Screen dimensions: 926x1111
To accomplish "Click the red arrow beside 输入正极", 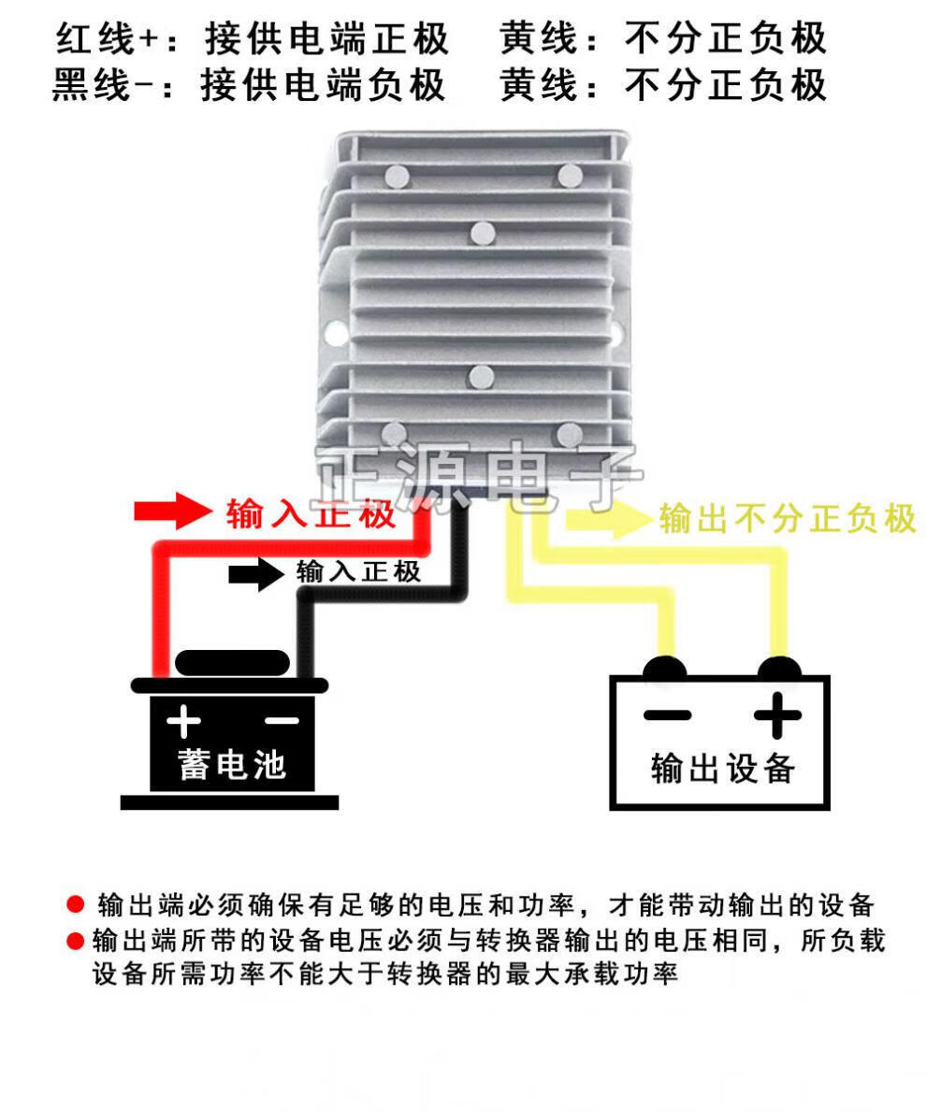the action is [174, 512].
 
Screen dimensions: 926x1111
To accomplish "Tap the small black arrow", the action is [255, 573].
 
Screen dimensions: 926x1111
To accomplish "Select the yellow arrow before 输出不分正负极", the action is [607, 517].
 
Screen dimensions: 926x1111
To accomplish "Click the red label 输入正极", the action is [311, 513].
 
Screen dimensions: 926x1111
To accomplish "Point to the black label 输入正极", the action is [359, 571].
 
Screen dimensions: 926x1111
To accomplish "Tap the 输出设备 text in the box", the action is [722, 768].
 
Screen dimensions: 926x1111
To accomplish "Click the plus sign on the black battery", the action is [184, 721].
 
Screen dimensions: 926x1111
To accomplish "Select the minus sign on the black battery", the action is [282, 721].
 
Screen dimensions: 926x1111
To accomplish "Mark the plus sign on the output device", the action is [777, 717].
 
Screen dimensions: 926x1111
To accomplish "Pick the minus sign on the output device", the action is [667, 716].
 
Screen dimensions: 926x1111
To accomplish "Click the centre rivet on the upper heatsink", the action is [482, 233].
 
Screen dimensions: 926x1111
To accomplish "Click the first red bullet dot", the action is [76, 904].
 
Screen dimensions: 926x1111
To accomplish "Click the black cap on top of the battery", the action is [231, 663].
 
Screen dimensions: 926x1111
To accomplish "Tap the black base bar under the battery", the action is [229, 801].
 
